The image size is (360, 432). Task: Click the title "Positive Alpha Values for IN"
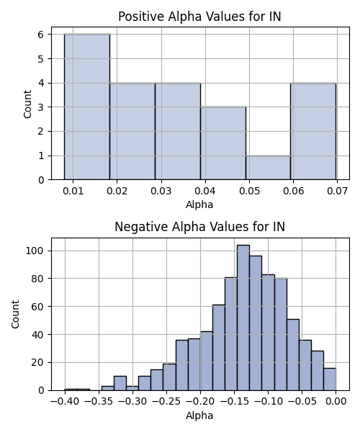tap(199, 17)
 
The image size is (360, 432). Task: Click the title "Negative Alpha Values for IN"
tap(199, 227)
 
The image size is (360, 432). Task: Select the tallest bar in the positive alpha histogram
tap(87, 107)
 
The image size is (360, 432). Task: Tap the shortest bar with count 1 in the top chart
tap(269, 168)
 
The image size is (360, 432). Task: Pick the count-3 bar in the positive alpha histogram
tap(223, 143)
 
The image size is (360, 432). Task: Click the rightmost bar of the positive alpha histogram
tap(313, 131)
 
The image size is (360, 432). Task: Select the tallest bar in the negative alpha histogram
tap(243, 318)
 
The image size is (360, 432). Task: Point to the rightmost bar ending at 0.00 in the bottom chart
tap(330, 379)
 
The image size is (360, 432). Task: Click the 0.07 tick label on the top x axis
tap(337, 191)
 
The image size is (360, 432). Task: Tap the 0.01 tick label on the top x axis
tap(73, 191)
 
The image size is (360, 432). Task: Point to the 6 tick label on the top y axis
tap(41, 35)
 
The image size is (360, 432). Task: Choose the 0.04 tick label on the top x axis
tap(205, 191)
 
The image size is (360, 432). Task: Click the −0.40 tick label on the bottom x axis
tap(65, 402)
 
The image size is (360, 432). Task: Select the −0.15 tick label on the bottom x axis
tap(234, 402)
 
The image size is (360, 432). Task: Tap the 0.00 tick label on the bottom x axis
tap(336, 402)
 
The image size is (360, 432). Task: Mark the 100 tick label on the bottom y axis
tap(35, 251)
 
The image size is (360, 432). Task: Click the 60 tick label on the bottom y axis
tap(37, 307)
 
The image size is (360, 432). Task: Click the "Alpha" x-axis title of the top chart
tap(199, 204)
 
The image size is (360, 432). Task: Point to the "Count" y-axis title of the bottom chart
tap(15, 315)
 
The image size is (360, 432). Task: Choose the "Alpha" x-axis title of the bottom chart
tap(199, 415)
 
